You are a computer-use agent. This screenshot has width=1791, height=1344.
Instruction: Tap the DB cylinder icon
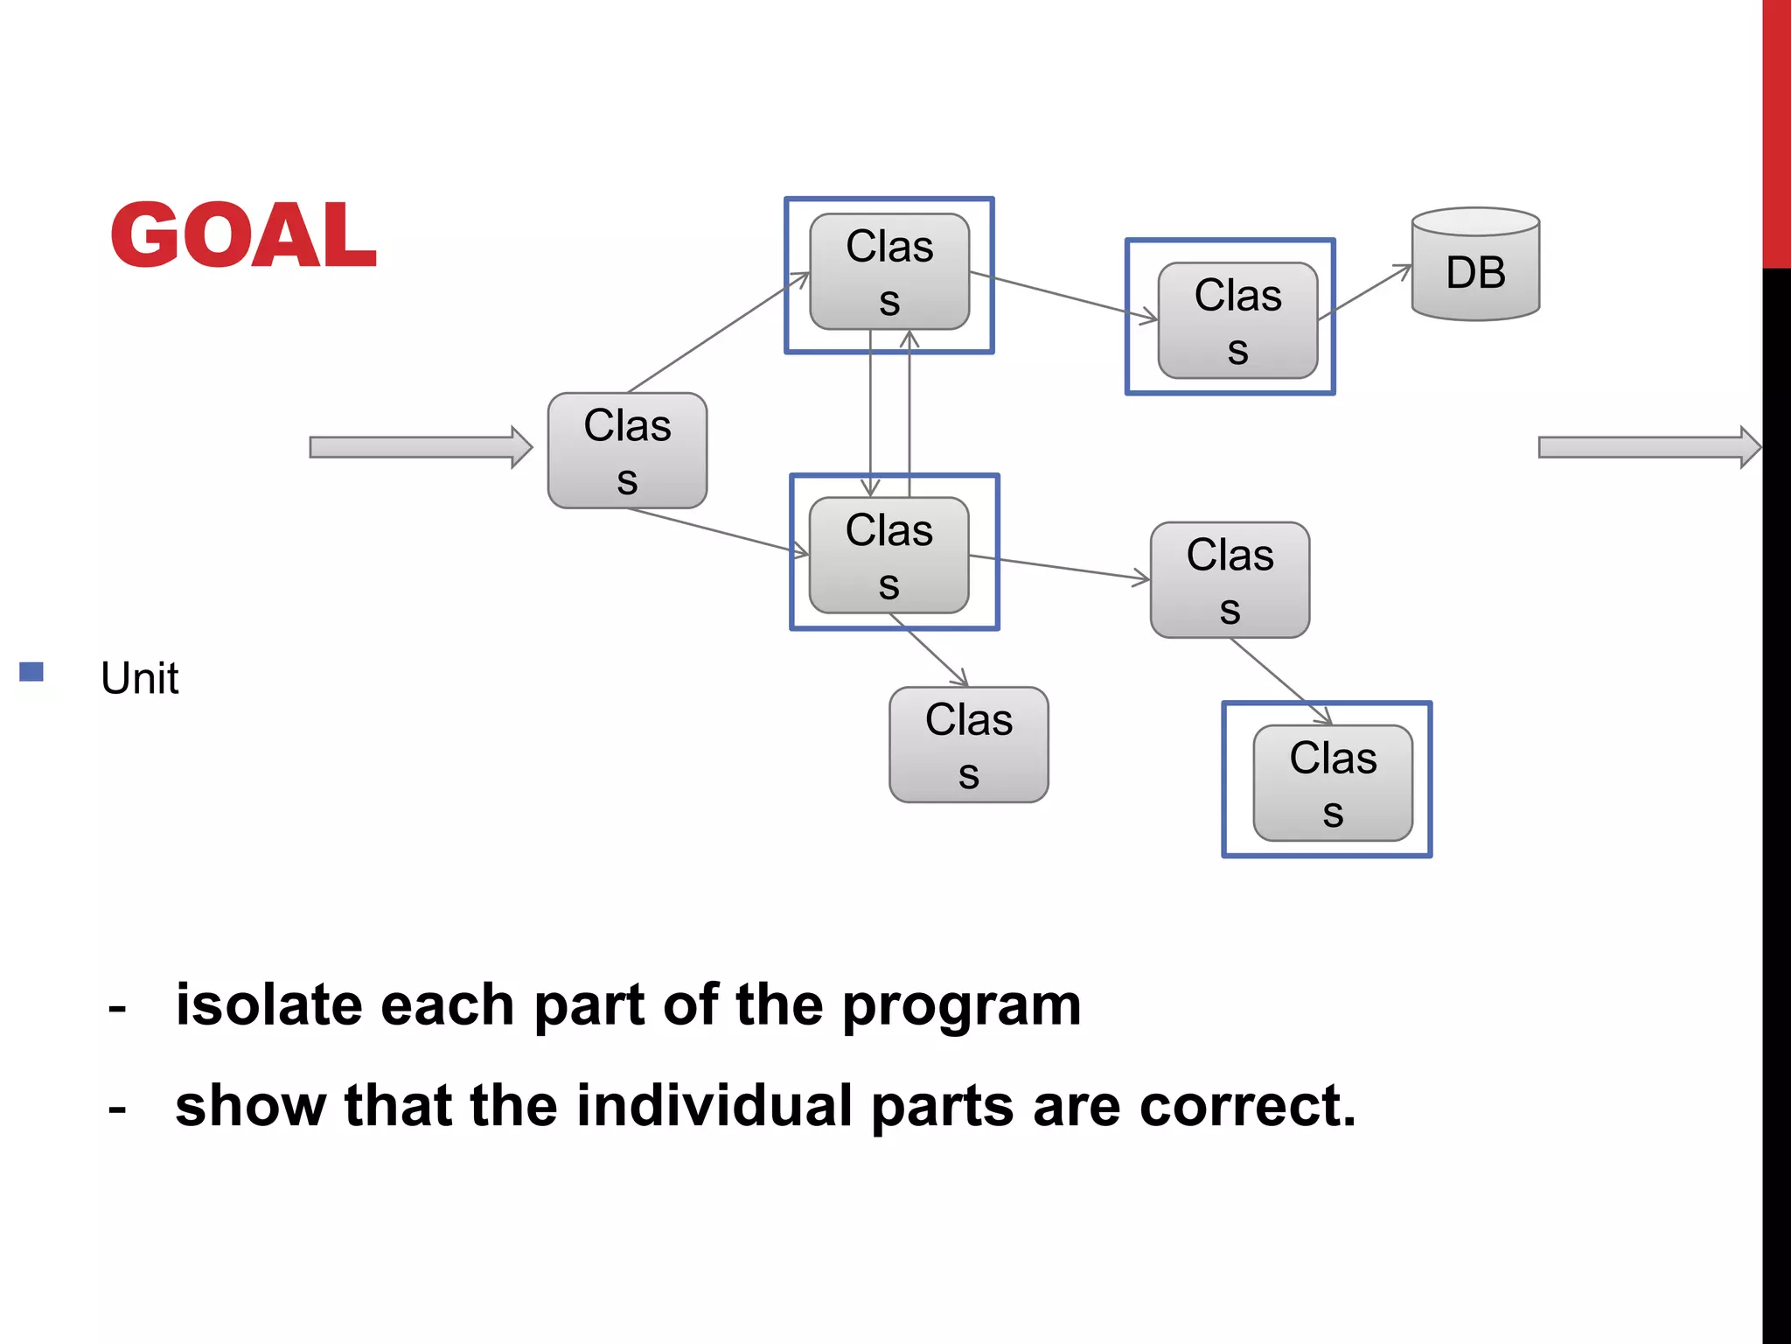pos(1475,265)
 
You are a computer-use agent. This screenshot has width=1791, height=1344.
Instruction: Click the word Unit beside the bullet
pos(140,678)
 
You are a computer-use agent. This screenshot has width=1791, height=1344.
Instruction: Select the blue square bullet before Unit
pos(31,672)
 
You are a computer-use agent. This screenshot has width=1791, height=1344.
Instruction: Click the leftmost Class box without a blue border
pos(627,451)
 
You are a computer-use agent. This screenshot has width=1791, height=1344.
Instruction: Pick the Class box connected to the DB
pos(1237,320)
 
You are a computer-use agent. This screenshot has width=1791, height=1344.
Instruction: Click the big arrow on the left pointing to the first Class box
pos(420,447)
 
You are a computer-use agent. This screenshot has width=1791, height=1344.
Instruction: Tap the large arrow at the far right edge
pos(1648,447)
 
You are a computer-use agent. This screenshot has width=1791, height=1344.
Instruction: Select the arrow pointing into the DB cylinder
pos(1366,291)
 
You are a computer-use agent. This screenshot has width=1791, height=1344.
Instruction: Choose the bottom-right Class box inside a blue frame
pos(1333,783)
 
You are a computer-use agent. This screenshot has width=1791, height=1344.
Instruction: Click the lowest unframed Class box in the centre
pos(968,745)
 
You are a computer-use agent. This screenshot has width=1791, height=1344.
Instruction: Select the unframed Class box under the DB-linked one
pos(1230,580)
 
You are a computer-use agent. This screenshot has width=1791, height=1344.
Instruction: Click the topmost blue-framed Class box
pos(889,272)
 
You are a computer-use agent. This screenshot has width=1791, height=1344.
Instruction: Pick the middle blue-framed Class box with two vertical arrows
pos(889,556)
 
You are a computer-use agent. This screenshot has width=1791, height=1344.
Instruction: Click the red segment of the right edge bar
pos(1776,131)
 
